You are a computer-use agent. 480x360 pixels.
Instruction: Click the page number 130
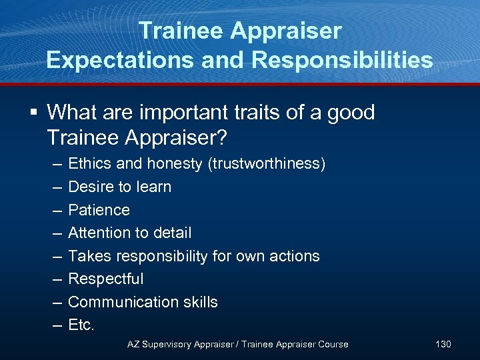point(443,344)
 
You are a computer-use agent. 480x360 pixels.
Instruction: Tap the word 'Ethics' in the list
point(89,164)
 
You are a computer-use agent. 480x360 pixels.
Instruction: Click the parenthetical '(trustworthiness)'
point(267,164)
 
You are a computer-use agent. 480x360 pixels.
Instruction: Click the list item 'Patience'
point(99,210)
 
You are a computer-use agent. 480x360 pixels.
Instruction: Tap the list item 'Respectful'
point(106,279)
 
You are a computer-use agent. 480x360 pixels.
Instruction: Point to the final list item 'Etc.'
point(82,325)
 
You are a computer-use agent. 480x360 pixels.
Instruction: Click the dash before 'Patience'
point(53,210)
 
